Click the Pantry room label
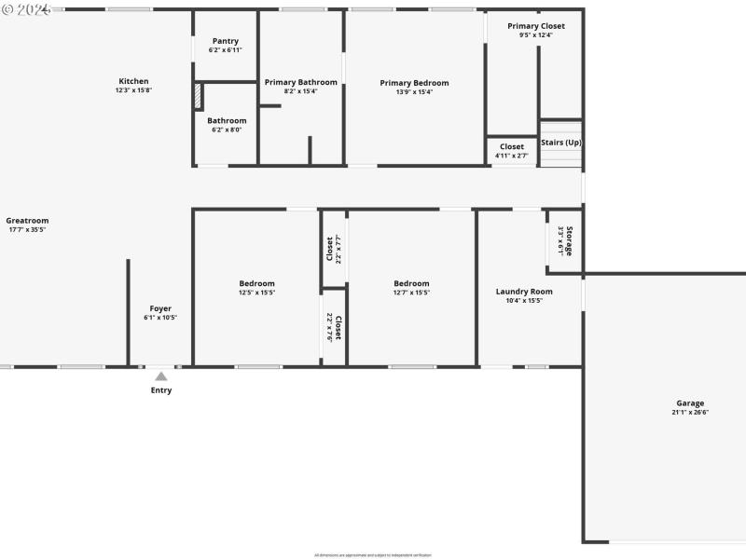pyautogui.click(x=226, y=41)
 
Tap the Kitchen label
pyautogui.click(x=133, y=81)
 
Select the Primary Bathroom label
pyautogui.click(x=300, y=82)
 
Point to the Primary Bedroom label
pyautogui.click(x=414, y=83)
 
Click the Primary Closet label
pyautogui.click(x=536, y=26)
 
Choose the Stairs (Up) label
pyautogui.click(x=561, y=143)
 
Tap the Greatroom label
pyautogui.click(x=27, y=221)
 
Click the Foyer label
pyautogui.click(x=160, y=308)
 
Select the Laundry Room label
pyautogui.click(x=524, y=292)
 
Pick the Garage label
pyautogui.click(x=690, y=403)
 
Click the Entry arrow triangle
pyautogui.click(x=161, y=376)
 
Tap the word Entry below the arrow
pyautogui.click(x=161, y=390)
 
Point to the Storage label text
pyautogui.click(x=569, y=240)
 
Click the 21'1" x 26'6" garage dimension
pyautogui.click(x=690, y=412)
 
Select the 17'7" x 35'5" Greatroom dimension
pyautogui.click(x=27, y=229)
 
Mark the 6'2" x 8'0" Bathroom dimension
pyautogui.click(x=226, y=130)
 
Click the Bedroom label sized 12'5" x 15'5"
pyautogui.click(x=256, y=283)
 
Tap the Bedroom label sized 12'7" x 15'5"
pyautogui.click(x=411, y=283)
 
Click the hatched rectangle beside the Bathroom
pyautogui.click(x=198, y=97)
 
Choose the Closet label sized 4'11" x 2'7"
pyautogui.click(x=512, y=146)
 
